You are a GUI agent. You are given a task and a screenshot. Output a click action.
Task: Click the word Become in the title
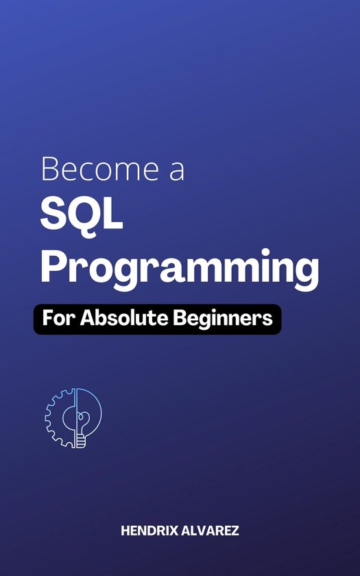pos(101,168)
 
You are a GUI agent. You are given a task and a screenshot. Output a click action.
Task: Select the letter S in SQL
pos(55,215)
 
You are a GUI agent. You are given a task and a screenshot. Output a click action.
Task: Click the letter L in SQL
pos(115,215)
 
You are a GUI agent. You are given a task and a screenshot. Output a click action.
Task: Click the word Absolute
pos(124,318)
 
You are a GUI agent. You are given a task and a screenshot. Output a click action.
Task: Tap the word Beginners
pos(223,320)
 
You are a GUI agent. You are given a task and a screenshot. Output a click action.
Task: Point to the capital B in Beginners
pos(179,319)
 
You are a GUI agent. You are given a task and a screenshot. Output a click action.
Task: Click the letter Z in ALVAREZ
pos(235,531)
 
